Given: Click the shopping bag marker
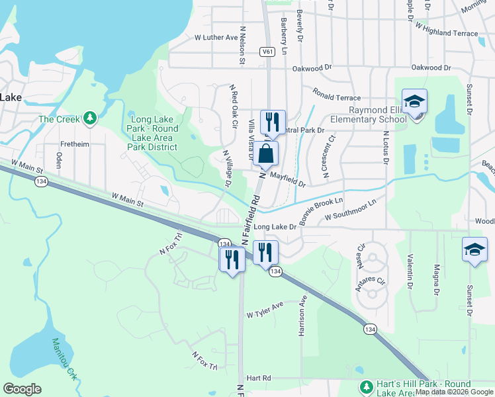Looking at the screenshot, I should (265, 154).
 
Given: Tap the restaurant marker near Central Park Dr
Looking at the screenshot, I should (272, 122).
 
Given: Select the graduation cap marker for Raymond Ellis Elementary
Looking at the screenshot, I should (414, 102).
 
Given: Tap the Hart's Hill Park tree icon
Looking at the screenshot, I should (366, 386).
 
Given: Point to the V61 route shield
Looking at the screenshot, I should (267, 52).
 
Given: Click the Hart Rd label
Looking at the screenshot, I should (259, 378).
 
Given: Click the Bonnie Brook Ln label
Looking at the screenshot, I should (321, 211).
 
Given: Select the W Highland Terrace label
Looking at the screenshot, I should (447, 30).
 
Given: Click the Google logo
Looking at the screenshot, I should (22, 389).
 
